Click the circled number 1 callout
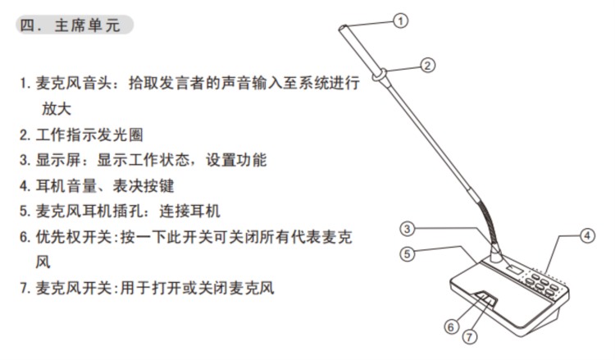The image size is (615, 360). coord(400,21)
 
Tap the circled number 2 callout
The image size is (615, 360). coord(427,65)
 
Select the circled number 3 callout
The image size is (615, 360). coord(407,228)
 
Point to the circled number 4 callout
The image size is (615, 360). coord(587,235)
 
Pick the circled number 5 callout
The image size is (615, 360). coord(407,253)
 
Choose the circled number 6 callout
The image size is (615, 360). coord(451,326)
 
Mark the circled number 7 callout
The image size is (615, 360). coord(470,336)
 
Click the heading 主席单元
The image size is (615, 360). coord(87,25)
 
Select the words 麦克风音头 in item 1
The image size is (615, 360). coord(74,83)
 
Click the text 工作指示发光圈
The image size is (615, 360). coord(89,135)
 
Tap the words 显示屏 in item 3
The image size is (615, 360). coord(58,160)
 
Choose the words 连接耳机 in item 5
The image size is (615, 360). coord(190,211)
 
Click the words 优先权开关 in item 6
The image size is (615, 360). coord(74,237)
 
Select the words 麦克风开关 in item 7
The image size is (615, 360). coord(74,288)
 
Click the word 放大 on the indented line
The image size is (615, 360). coord(57,108)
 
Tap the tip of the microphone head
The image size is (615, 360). coord(343,28)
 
